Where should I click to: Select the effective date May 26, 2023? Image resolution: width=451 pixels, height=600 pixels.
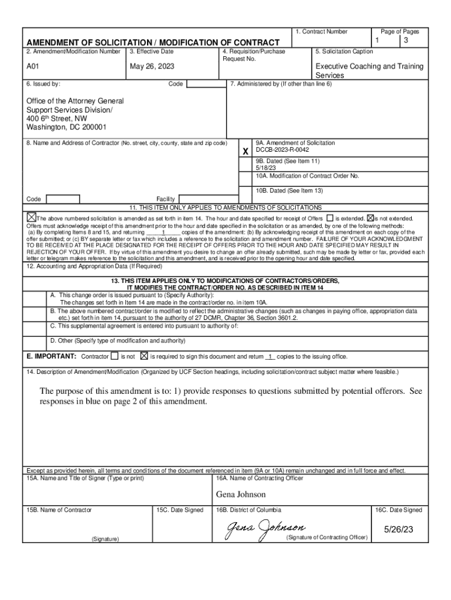coord(152,67)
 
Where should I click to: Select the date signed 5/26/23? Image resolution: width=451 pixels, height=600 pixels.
coord(399,529)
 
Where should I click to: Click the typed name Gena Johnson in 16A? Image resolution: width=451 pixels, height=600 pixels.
coord(240,495)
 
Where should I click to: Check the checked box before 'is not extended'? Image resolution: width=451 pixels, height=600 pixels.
coord(370,218)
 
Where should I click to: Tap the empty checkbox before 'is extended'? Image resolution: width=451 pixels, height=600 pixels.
coord(330,218)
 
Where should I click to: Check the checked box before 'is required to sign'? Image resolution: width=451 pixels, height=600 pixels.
coord(144,356)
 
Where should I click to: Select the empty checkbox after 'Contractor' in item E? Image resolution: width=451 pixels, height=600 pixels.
coord(115,356)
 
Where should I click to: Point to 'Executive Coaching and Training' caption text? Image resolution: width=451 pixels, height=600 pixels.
coord(369,67)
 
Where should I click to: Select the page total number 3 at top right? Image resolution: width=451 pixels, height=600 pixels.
coord(405,40)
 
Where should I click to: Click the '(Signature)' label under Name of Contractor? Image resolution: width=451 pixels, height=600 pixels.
coord(104,538)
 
